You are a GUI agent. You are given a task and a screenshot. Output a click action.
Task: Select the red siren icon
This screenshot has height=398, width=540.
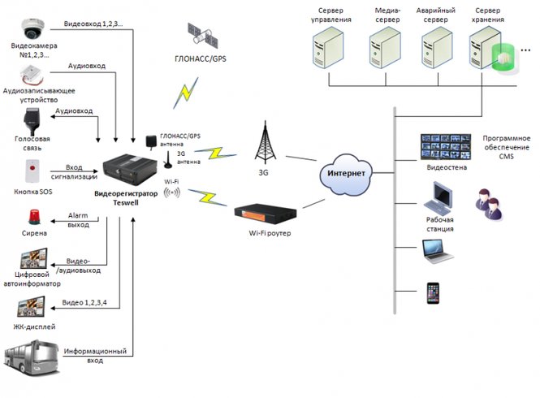(33, 217)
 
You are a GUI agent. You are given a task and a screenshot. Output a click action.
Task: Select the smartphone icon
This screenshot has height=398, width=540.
(432, 293)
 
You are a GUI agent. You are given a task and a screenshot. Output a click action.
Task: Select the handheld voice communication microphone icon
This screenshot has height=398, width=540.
(32, 120)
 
